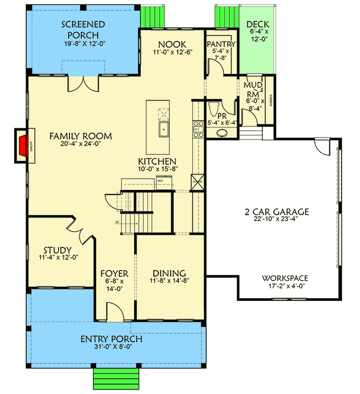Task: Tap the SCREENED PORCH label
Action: coord(83,30)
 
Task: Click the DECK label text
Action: coord(257,24)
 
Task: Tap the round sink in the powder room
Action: coord(220,132)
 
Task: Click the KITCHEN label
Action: coord(157,161)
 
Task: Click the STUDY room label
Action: coord(57,250)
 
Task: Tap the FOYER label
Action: coord(114,273)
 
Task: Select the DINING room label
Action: coord(169,273)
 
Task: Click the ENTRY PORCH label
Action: coord(111,339)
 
